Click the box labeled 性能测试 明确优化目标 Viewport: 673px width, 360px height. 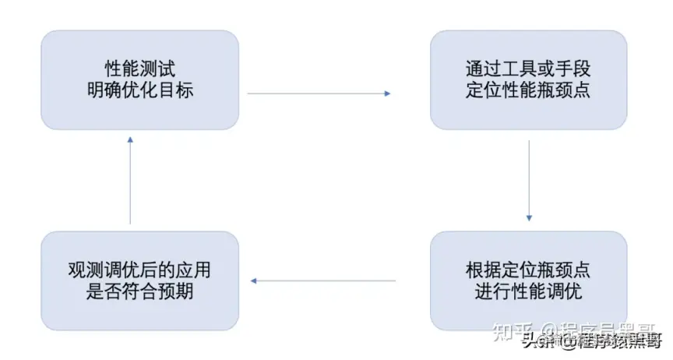[x=139, y=79]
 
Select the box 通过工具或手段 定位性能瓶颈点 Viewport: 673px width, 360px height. [x=528, y=79]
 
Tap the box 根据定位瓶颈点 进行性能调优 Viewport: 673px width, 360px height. [x=528, y=281]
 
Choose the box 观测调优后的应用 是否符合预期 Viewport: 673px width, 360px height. [x=139, y=281]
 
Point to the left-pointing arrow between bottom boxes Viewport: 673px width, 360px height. [x=322, y=281]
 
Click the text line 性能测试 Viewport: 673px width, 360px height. [x=139, y=69]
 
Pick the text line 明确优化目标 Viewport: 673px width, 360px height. [x=139, y=90]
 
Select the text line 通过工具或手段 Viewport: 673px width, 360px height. [x=528, y=69]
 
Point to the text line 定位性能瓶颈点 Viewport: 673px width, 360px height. [x=528, y=90]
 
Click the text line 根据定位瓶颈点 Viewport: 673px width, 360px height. [x=528, y=270]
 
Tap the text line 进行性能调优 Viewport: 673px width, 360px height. [x=528, y=291]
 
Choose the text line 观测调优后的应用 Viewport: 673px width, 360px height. [x=139, y=270]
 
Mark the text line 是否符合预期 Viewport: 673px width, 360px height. [x=139, y=291]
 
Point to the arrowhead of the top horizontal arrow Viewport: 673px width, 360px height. [x=386, y=94]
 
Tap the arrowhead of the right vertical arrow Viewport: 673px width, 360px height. [x=529, y=218]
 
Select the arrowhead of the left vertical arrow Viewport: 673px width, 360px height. [x=130, y=139]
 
